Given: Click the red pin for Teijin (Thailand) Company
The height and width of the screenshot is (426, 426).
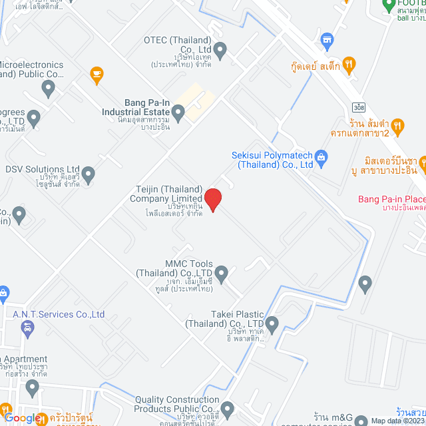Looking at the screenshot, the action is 212,200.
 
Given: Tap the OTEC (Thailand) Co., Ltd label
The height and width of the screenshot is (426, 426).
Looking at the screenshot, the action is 177,44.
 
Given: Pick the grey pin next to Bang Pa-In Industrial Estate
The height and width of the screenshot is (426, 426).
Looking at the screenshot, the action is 178,115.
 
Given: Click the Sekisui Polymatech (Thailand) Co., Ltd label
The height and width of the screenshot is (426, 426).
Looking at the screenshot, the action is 272,159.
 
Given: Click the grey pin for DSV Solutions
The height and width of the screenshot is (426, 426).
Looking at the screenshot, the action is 88,175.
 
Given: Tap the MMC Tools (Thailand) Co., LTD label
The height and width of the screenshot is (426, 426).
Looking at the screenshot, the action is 174,268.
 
